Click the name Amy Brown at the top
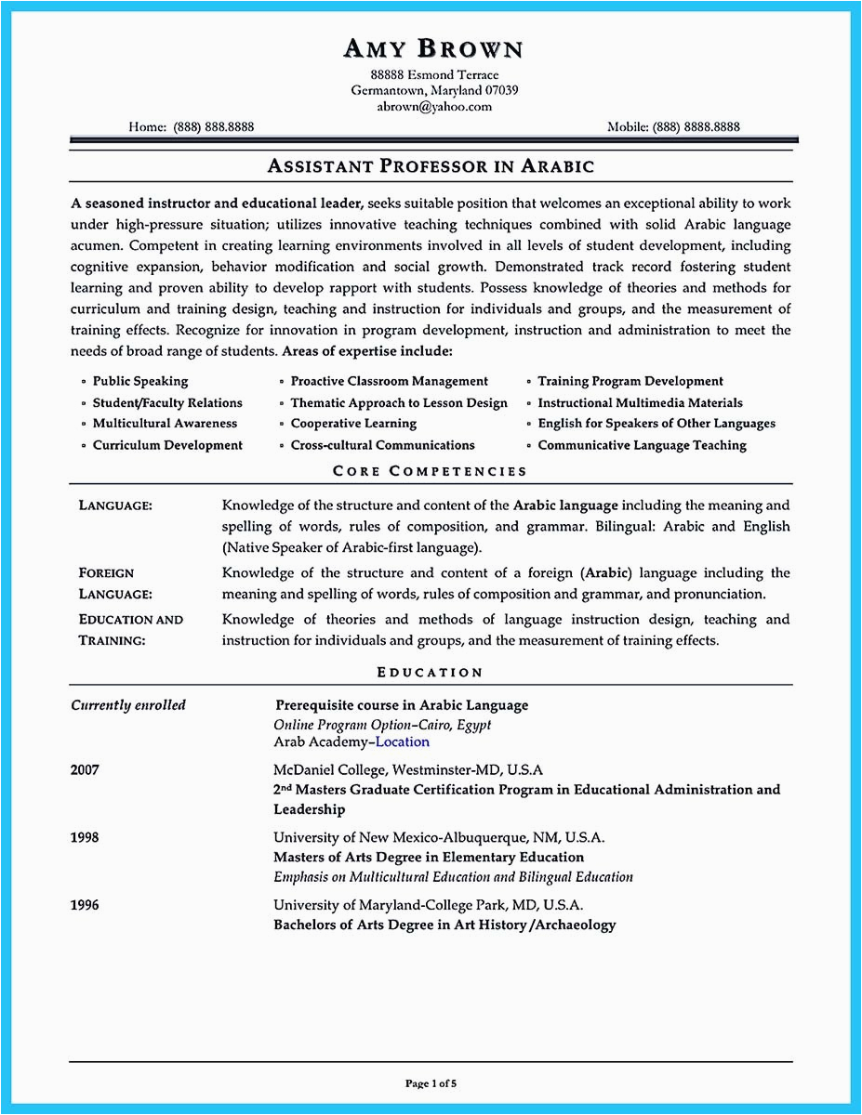pos(433,48)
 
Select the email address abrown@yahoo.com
pos(434,107)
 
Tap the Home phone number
pos(213,127)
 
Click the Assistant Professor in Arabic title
pos(431,166)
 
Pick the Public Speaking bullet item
pos(140,381)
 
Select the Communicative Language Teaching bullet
pos(642,445)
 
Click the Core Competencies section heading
pos(430,471)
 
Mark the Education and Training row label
pos(131,629)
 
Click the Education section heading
pos(430,672)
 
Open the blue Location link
pos(403,742)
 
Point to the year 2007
pos(85,770)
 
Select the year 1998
pos(85,837)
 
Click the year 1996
pos(85,904)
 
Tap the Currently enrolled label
pos(128,705)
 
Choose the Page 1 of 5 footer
pos(431,1083)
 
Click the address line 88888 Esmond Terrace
pos(434,74)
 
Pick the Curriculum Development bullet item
pos(167,445)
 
